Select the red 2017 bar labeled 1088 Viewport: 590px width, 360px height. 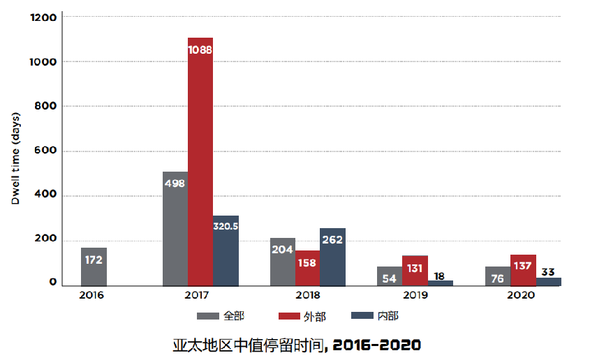pyautogui.click(x=200, y=160)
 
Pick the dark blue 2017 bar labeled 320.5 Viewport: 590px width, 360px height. pyautogui.click(x=226, y=250)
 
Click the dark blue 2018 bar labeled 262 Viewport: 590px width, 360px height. pyautogui.click(x=332, y=257)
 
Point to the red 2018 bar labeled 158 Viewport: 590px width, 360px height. pyautogui.click(x=307, y=268)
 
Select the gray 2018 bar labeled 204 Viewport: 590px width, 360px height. pyautogui.click(x=282, y=262)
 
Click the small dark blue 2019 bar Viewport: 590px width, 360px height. pyautogui.click(x=440, y=283)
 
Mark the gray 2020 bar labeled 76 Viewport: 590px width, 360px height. pyautogui.click(x=498, y=276)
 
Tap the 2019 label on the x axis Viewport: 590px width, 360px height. pyautogui.click(x=415, y=295)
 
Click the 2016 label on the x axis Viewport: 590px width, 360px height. pyautogui.click(x=91, y=295)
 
